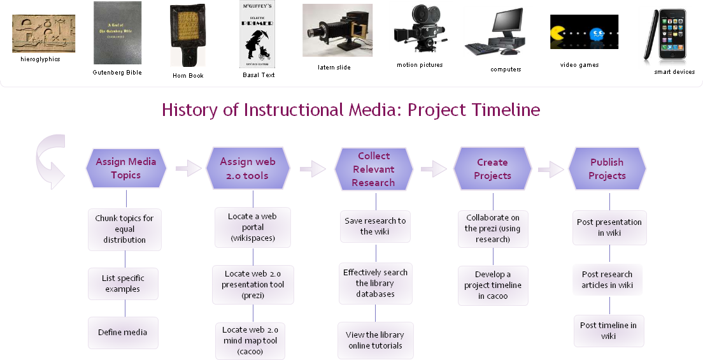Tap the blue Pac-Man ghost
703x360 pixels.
pos(597,35)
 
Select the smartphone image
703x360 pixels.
pos(665,38)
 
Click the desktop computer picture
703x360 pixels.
pos(498,32)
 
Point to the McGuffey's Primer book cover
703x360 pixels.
pos(257,36)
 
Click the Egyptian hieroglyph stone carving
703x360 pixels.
pos(44,34)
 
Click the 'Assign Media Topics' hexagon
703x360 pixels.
pos(125,169)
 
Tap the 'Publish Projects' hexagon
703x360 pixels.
pos(607,169)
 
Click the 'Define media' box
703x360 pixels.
pos(123,332)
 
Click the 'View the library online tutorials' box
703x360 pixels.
pos(375,340)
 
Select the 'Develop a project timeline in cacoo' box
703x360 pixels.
pos(492,285)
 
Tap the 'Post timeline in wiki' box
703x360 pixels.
pos(608,331)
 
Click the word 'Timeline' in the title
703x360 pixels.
pos(506,110)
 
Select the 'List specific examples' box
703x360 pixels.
pos(124,284)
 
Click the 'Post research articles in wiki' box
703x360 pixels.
pos(607,280)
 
